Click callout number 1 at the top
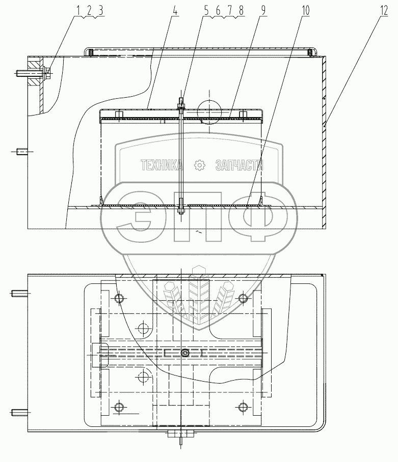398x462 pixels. point(78,11)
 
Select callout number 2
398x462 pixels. point(89,11)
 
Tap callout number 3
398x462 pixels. point(100,11)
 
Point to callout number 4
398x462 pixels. point(175,11)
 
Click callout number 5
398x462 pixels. point(206,11)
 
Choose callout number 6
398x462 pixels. point(218,11)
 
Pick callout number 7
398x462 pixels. point(230,11)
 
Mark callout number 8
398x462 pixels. point(242,11)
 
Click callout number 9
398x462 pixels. point(263,11)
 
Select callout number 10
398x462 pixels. point(306,11)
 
